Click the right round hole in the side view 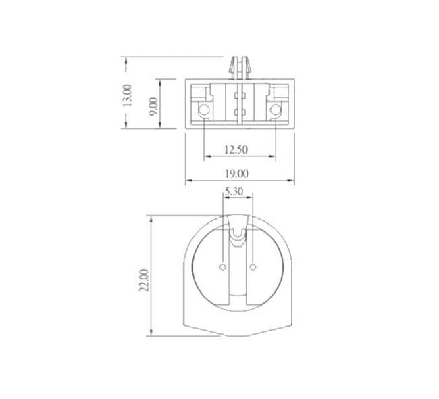[x=276, y=110]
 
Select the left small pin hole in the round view [x=224, y=268]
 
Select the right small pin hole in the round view [x=253, y=268]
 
